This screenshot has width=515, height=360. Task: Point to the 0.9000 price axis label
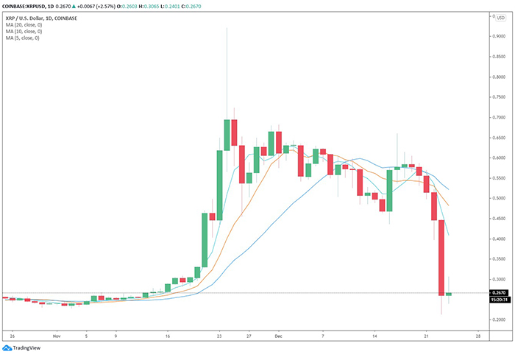tap(497, 36)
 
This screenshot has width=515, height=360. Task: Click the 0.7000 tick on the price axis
tap(497, 117)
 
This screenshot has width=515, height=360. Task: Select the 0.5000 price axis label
tap(497, 198)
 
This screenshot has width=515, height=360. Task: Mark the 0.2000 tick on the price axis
tap(497, 320)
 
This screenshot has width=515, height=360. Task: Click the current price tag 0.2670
tap(497, 292)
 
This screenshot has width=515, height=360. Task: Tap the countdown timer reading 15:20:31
tap(497, 300)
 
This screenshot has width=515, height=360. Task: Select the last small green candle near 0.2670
tap(449, 294)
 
